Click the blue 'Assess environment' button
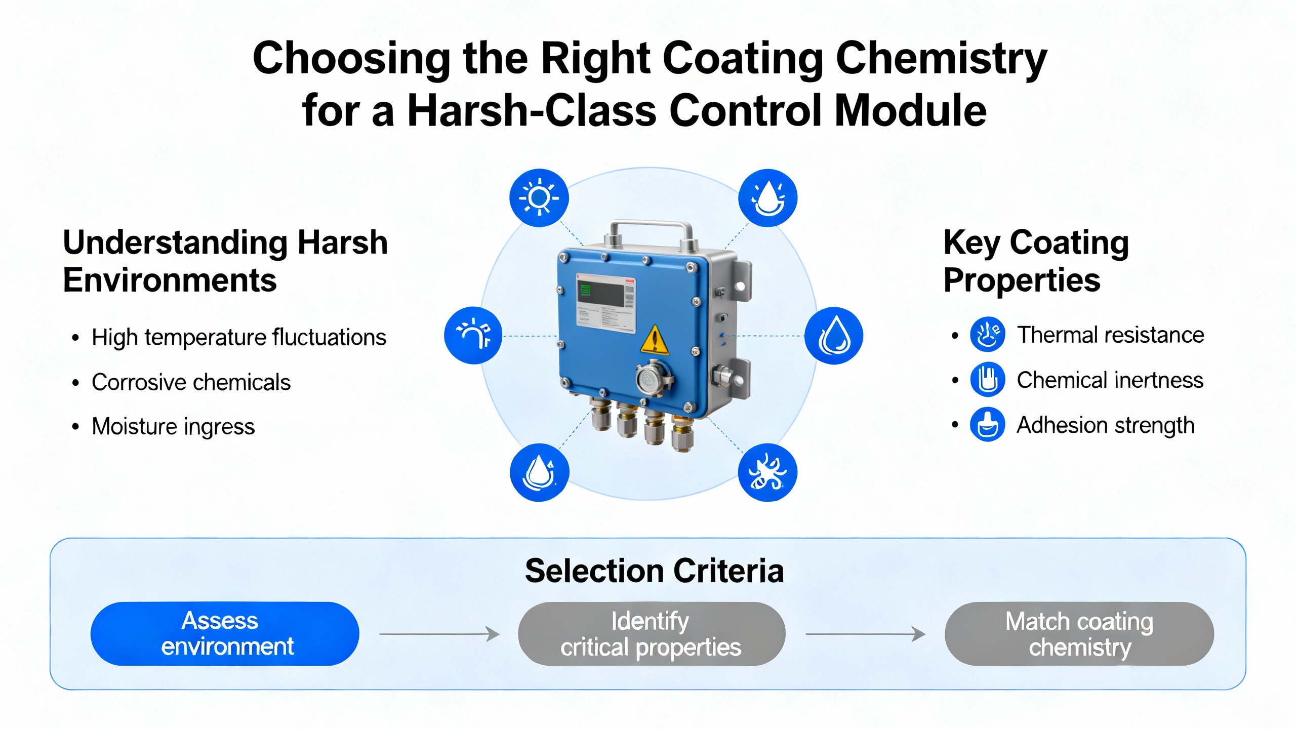225,633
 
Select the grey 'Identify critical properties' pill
652,633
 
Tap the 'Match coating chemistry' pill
1079,633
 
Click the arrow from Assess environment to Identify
439,633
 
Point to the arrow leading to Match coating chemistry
866,633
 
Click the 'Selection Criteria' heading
654,571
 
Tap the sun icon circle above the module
539,197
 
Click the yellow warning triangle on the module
655,340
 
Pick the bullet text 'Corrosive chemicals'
191,382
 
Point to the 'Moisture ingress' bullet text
173,427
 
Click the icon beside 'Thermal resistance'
987,334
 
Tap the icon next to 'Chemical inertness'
987,379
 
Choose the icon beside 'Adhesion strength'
987,424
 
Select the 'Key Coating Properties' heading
1036,261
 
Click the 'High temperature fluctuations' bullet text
239,337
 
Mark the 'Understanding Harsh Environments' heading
225,261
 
